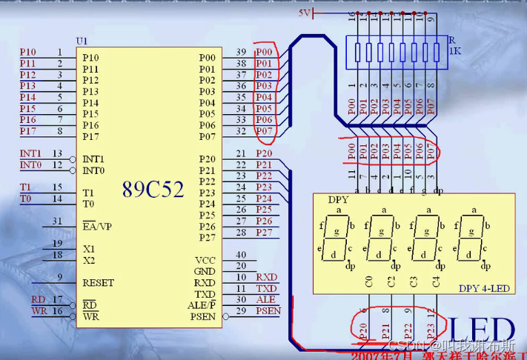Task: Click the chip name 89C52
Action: click(x=153, y=190)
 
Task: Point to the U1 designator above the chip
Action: click(x=82, y=40)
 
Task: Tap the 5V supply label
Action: click(x=305, y=13)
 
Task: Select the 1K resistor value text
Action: click(x=455, y=52)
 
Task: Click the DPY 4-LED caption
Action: click(x=483, y=288)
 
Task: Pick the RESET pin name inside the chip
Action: click(x=99, y=282)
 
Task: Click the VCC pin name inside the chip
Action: click(x=205, y=260)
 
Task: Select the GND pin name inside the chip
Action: click(x=205, y=271)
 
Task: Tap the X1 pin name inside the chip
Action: click(x=89, y=249)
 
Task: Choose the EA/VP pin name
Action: click(x=97, y=226)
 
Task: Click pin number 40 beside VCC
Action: click(x=240, y=255)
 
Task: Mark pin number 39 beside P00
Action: click(x=240, y=52)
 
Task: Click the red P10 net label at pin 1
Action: click(x=27, y=52)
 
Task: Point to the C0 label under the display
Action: click(x=370, y=281)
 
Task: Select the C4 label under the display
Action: click(x=436, y=281)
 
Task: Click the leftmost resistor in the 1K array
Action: click(x=358, y=52)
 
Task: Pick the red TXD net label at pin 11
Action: click(x=266, y=288)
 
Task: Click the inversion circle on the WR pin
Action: click(x=77, y=316)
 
